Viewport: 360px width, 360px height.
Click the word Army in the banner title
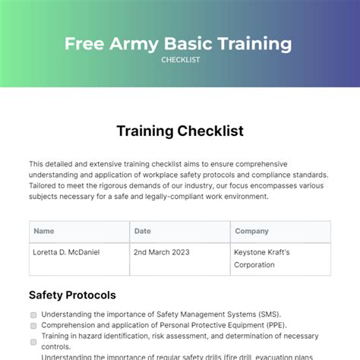[130, 43]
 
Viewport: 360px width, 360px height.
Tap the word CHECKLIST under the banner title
[180, 60]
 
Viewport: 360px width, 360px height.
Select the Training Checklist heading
[180, 131]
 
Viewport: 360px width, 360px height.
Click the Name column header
[44, 231]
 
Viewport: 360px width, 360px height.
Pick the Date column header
[142, 231]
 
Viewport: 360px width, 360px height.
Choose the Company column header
[251, 231]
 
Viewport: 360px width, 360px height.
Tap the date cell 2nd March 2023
[162, 252]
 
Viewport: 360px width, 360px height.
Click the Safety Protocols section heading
[72, 294]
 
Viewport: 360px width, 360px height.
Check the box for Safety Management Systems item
[33, 314]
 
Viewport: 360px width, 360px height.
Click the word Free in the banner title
[84, 43]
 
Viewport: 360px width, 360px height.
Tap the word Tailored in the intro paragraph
[45, 185]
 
